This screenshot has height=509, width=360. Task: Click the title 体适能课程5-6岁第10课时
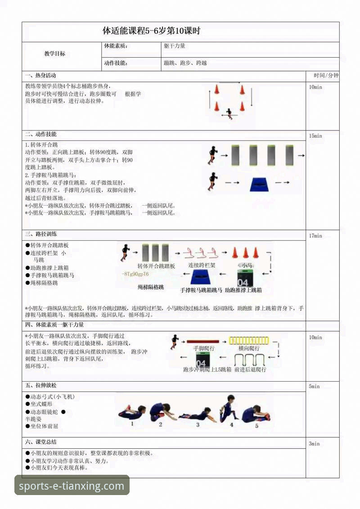coord(151,31)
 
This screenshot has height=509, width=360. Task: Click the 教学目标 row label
coord(54,54)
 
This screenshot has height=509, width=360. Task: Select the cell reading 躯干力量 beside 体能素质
coord(175,46)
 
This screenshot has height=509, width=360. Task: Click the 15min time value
coord(315,136)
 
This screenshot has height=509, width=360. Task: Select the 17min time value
coord(315,236)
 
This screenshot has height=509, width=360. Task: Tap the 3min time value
coord(314,444)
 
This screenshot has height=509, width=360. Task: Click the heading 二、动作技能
coord(41,135)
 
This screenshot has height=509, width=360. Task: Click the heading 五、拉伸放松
coord(41,386)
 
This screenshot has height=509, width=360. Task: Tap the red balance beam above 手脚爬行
coord(202,342)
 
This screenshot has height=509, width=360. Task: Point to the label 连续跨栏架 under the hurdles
coord(202,266)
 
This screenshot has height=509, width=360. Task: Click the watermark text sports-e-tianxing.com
coord(72,486)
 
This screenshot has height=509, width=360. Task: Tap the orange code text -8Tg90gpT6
coord(135,274)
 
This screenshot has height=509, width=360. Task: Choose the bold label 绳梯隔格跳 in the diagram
coord(151,287)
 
